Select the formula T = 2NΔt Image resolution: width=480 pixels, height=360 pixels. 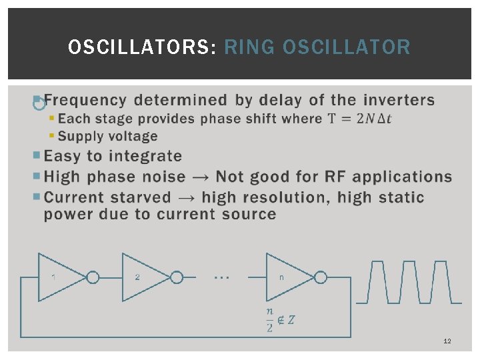coord(360,119)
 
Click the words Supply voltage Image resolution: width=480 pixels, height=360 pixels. coord(107,136)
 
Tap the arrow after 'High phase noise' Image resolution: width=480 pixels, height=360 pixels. coord(199,177)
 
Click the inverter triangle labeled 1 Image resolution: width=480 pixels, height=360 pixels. coord(58,277)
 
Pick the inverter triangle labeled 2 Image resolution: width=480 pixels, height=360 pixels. coord(143,277)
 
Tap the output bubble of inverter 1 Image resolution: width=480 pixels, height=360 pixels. coord(93,277)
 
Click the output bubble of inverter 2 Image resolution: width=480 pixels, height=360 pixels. coord(177,277)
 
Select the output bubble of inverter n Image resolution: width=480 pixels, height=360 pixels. coord(321,277)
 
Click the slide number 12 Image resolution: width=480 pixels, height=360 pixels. coord(447,341)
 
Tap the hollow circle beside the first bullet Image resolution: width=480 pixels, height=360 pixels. coord(39,103)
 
